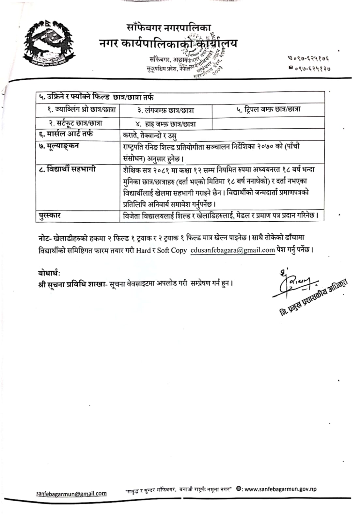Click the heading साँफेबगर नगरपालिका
[x=168, y=28]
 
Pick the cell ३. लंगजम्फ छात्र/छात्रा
[x=165, y=111]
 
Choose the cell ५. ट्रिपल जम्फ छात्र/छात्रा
[x=268, y=109]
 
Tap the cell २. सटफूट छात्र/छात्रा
[x=75, y=123]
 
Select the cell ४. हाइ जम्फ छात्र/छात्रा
[x=165, y=124]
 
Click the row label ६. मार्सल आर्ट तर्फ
[x=66, y=134]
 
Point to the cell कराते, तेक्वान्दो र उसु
[x=150, y=135]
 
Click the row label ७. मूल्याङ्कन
[x=59, y=146]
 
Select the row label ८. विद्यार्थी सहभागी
[x=67, y=169]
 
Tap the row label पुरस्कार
[x=50, y=215]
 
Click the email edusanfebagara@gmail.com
[x=233, y=250]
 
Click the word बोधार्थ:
[x=49, y=273]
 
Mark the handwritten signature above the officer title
[x=295, y=283]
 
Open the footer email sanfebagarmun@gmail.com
[x=71, y=493]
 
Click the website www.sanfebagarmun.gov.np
[x=280, y=489]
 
